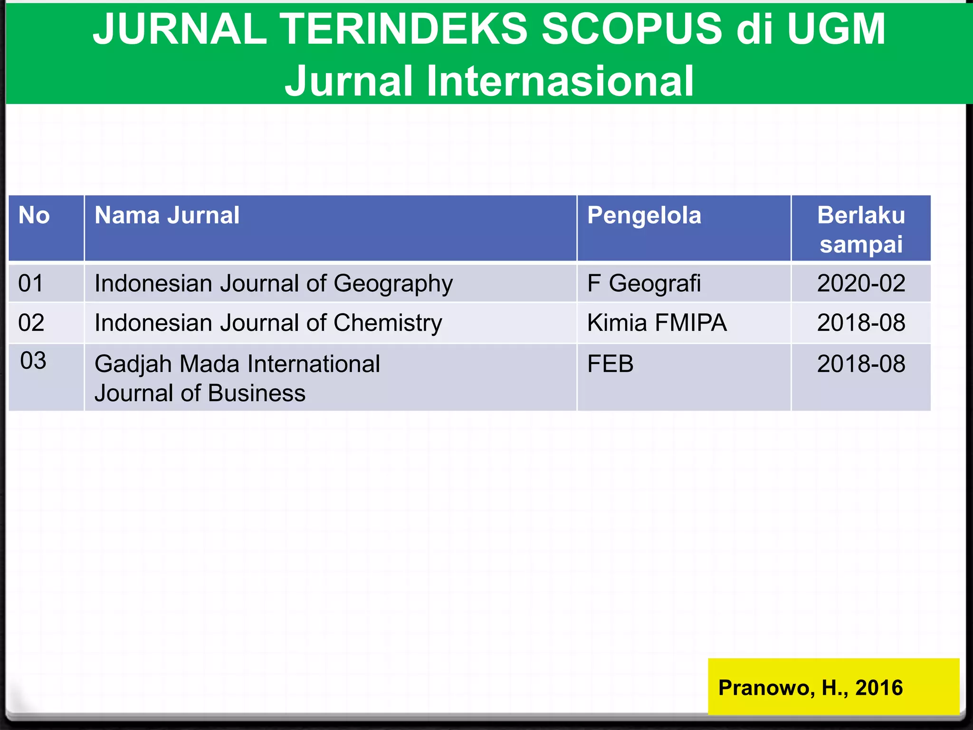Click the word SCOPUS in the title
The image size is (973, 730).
coord(632,29)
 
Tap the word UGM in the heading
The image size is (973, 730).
coord(836,29)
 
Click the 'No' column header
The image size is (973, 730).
coord(34,216)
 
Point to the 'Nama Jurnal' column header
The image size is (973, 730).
coord(167,216)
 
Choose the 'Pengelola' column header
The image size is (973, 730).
coord(644,216)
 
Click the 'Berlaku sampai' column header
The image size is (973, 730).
coord(861,230)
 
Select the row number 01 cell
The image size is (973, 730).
coord(31,283)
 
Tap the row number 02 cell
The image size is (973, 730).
coord(31,323)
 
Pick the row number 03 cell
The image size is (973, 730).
coord(33,361)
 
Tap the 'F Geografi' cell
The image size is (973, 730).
coord(644,284)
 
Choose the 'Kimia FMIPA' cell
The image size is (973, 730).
coord(657,323)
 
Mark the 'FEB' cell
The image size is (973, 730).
coord(610,364)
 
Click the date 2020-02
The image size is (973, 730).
coord(861,284)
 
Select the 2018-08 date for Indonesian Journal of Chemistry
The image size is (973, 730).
coord(861,323)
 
